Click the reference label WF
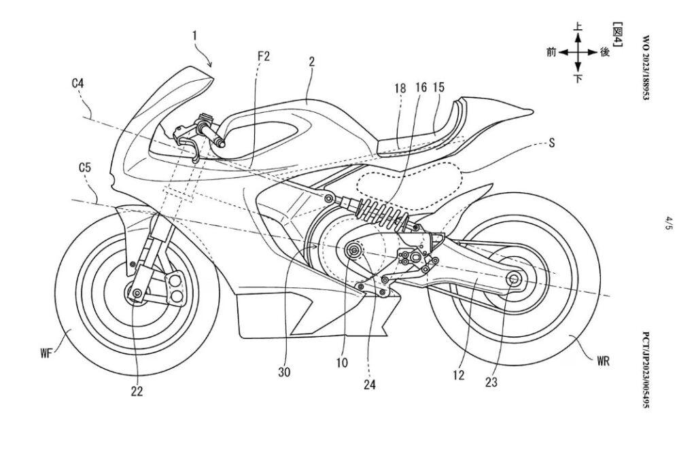pyautogui.click(x=46, y=353)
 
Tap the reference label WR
pyautogui.click(x=603, y=361)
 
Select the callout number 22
pyautogui.click(x=137, y=391)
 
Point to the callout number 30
pyautogui.click(x=284, y=372)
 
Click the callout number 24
pyautogui.click(x=369, y=384)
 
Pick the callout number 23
pyautogui.click(x=491, y=382)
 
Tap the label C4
pyautogui.click(x=78, y=83)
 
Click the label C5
pyautogui.click(x=85, y=167)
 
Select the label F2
pyautogui.click(x=264, y=56)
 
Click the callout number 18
pyautogui.click(x=400, y=88)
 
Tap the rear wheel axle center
pyautogui.click(x=514, y=279)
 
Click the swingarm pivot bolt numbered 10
pyautogui.click(x=354, y=251)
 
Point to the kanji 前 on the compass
pyautogui.click(x=551, y=52)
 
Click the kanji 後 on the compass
pyautogui.click(x=604, y=52)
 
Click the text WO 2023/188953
pyautogui.click(x=646, y=67)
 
